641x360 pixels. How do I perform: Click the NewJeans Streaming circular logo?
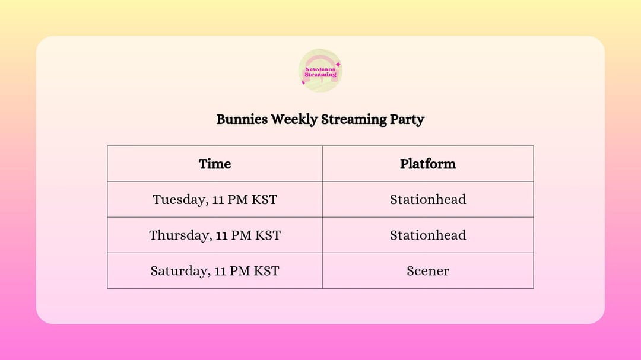(x=320, y=71)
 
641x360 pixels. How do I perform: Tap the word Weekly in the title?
(x=294, y=119)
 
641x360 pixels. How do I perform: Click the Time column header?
(x=215, y=164)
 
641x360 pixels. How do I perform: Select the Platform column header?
(x=428, y=164)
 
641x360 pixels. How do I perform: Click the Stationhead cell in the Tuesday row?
(x=428, y=199)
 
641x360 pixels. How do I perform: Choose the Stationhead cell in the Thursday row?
(x=428, y=235)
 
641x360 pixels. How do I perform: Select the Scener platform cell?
(x=428, y=271)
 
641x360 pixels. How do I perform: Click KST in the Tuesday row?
(x=265, y=199)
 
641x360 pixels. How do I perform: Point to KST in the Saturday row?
(x=267, y=271)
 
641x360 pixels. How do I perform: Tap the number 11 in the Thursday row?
(x=222, y=235)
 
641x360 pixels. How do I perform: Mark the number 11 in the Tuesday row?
(x=218, y=200)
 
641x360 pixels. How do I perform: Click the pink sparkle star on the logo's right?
(x=338, y=64)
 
